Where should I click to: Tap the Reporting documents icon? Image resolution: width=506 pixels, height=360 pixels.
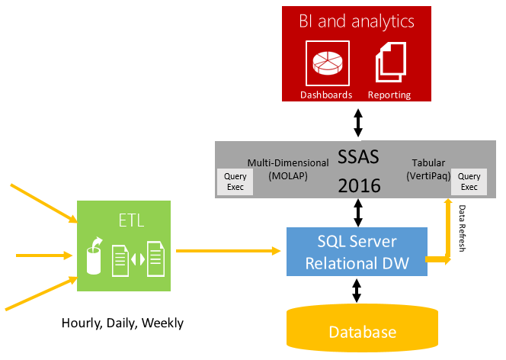click(x=391, y=63)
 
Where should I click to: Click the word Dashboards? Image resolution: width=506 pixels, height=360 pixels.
click(x=326, y=95)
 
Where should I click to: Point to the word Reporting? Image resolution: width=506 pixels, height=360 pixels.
click(x=389, y=95)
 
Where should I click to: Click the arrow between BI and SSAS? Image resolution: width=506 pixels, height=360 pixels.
click(x=357, y=121)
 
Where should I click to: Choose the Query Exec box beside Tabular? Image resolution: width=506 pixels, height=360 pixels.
click(x=469, y=181)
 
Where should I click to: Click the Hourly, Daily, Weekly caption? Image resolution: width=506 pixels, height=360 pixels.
click(x=122, y=323)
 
